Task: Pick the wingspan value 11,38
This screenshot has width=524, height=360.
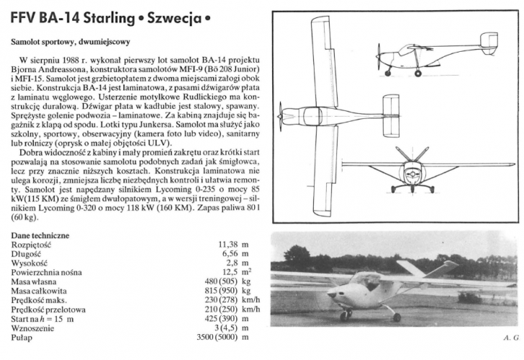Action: tap(227, 245)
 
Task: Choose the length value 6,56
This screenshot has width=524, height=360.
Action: tap(230, 254)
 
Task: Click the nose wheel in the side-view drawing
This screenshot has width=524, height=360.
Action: tap(389, 73)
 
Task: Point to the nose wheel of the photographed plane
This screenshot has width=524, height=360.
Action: tap(345, 314)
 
